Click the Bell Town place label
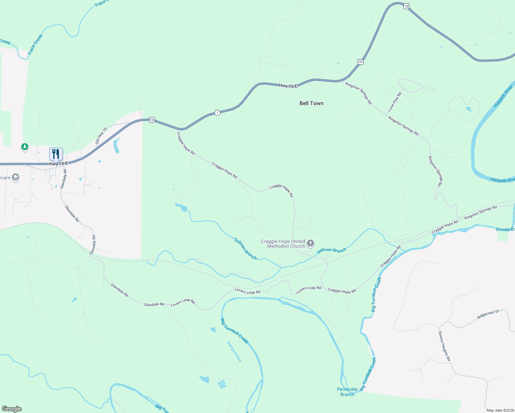(311, 103)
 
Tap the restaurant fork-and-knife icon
(56, 154)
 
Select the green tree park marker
(24, 147)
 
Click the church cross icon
(311, 244)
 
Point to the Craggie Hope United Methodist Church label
(283, 244)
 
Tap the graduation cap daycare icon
(15, 177)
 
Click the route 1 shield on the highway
(217, 113)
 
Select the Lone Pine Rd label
(395, 101)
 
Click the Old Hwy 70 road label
(101, 136)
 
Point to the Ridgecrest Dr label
(488, 314)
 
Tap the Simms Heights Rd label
(444, 346)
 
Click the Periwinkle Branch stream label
(347, 392)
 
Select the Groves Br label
(505, 229)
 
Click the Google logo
(12, 409)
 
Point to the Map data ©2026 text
(500, 410)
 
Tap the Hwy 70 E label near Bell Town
(288, 86)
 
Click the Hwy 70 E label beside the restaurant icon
(59, 164)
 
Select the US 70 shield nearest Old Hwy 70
(152, 120)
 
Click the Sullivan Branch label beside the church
(331, 250)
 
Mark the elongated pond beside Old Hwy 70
(116, 145)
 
